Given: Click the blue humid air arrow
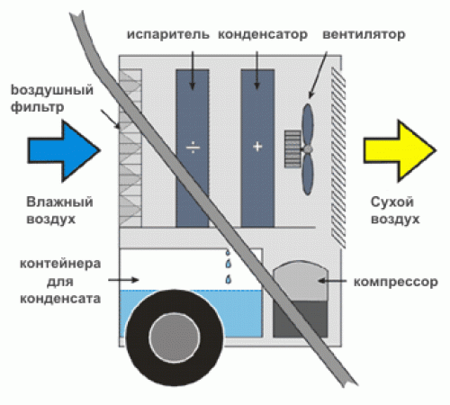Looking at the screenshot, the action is click(64, 150).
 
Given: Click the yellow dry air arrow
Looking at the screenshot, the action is click(400, 150).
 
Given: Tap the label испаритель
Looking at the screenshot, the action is click(168, 35).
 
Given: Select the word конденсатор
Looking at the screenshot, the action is click(263, 35).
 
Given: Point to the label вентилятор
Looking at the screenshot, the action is click(364, 35).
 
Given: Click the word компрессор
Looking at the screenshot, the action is click(396, 283).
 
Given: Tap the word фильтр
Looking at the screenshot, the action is click(37, 108).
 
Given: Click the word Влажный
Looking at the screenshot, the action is click(59, 202).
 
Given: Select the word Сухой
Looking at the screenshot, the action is click(392, 202).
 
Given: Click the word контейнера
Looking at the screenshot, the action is click(60, 264).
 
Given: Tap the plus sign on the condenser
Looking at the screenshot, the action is click(257, 147).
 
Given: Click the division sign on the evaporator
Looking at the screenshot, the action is click(193, 148).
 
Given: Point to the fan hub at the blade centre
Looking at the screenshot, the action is click(307, 149).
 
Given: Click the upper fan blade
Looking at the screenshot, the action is click(308, 125).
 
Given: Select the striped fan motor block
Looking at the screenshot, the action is click(292, 148).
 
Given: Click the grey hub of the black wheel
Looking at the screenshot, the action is click(175, 337).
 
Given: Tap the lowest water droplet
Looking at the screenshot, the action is click(229, 279).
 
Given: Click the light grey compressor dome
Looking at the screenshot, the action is click(301, 281).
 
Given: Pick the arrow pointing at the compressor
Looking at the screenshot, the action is click(332, 281).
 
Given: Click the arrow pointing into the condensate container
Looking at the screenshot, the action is click(123, 280).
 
